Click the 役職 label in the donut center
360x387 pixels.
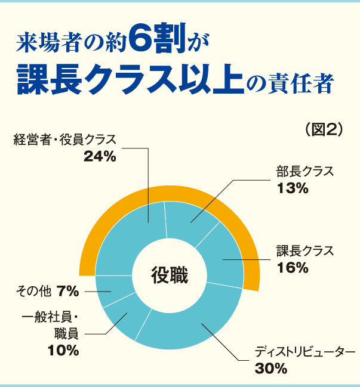(x=169, y=276)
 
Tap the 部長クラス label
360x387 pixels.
(x=304, y=172)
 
